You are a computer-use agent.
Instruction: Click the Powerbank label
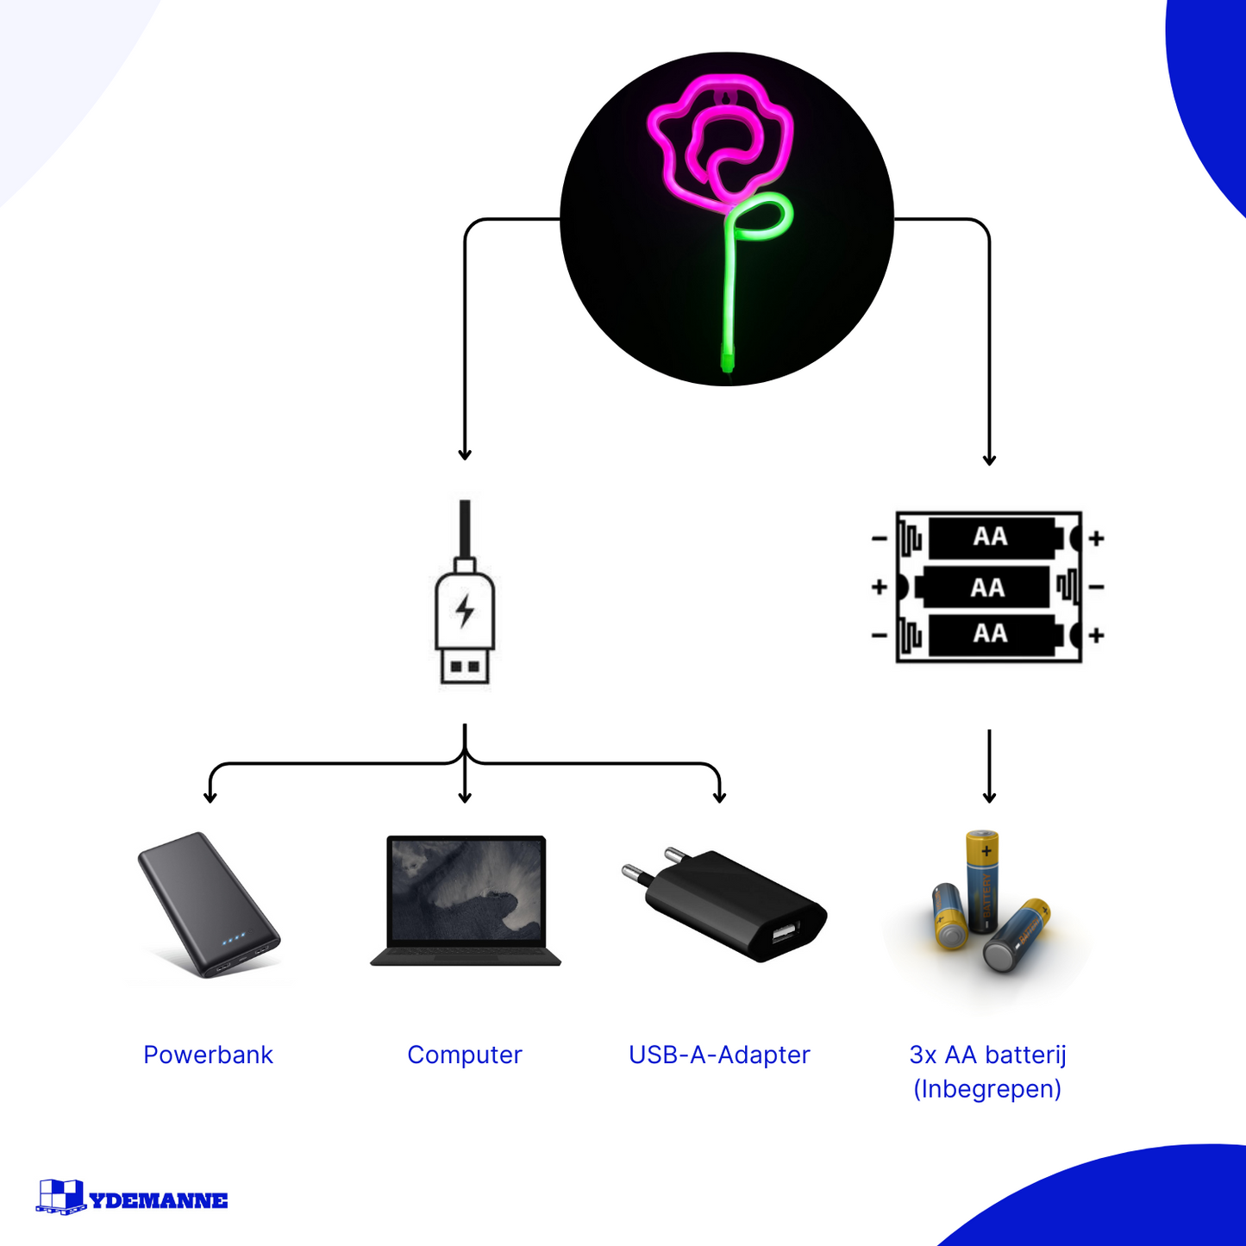point(208,1055)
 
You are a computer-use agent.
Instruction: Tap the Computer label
point(464,1055)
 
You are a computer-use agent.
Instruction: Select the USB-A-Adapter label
point(719,1055)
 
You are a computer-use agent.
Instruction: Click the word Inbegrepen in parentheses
point(987,1089)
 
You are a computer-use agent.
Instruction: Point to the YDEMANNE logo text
point(159,1200)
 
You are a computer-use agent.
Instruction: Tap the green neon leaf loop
point(762,218)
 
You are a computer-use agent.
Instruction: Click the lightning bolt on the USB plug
point(465,610)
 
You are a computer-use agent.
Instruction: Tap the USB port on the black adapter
point(784,932)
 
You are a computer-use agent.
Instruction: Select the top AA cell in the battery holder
point(992,537)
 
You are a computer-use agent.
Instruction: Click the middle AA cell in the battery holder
point(986,587)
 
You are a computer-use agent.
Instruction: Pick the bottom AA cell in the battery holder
point(992,635)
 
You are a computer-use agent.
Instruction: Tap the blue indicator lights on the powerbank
point(234,937)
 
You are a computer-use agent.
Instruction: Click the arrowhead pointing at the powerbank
point(210,797)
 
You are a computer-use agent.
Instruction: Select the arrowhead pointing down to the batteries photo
point(989,797)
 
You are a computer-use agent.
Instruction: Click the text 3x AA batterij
point(987,1055)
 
